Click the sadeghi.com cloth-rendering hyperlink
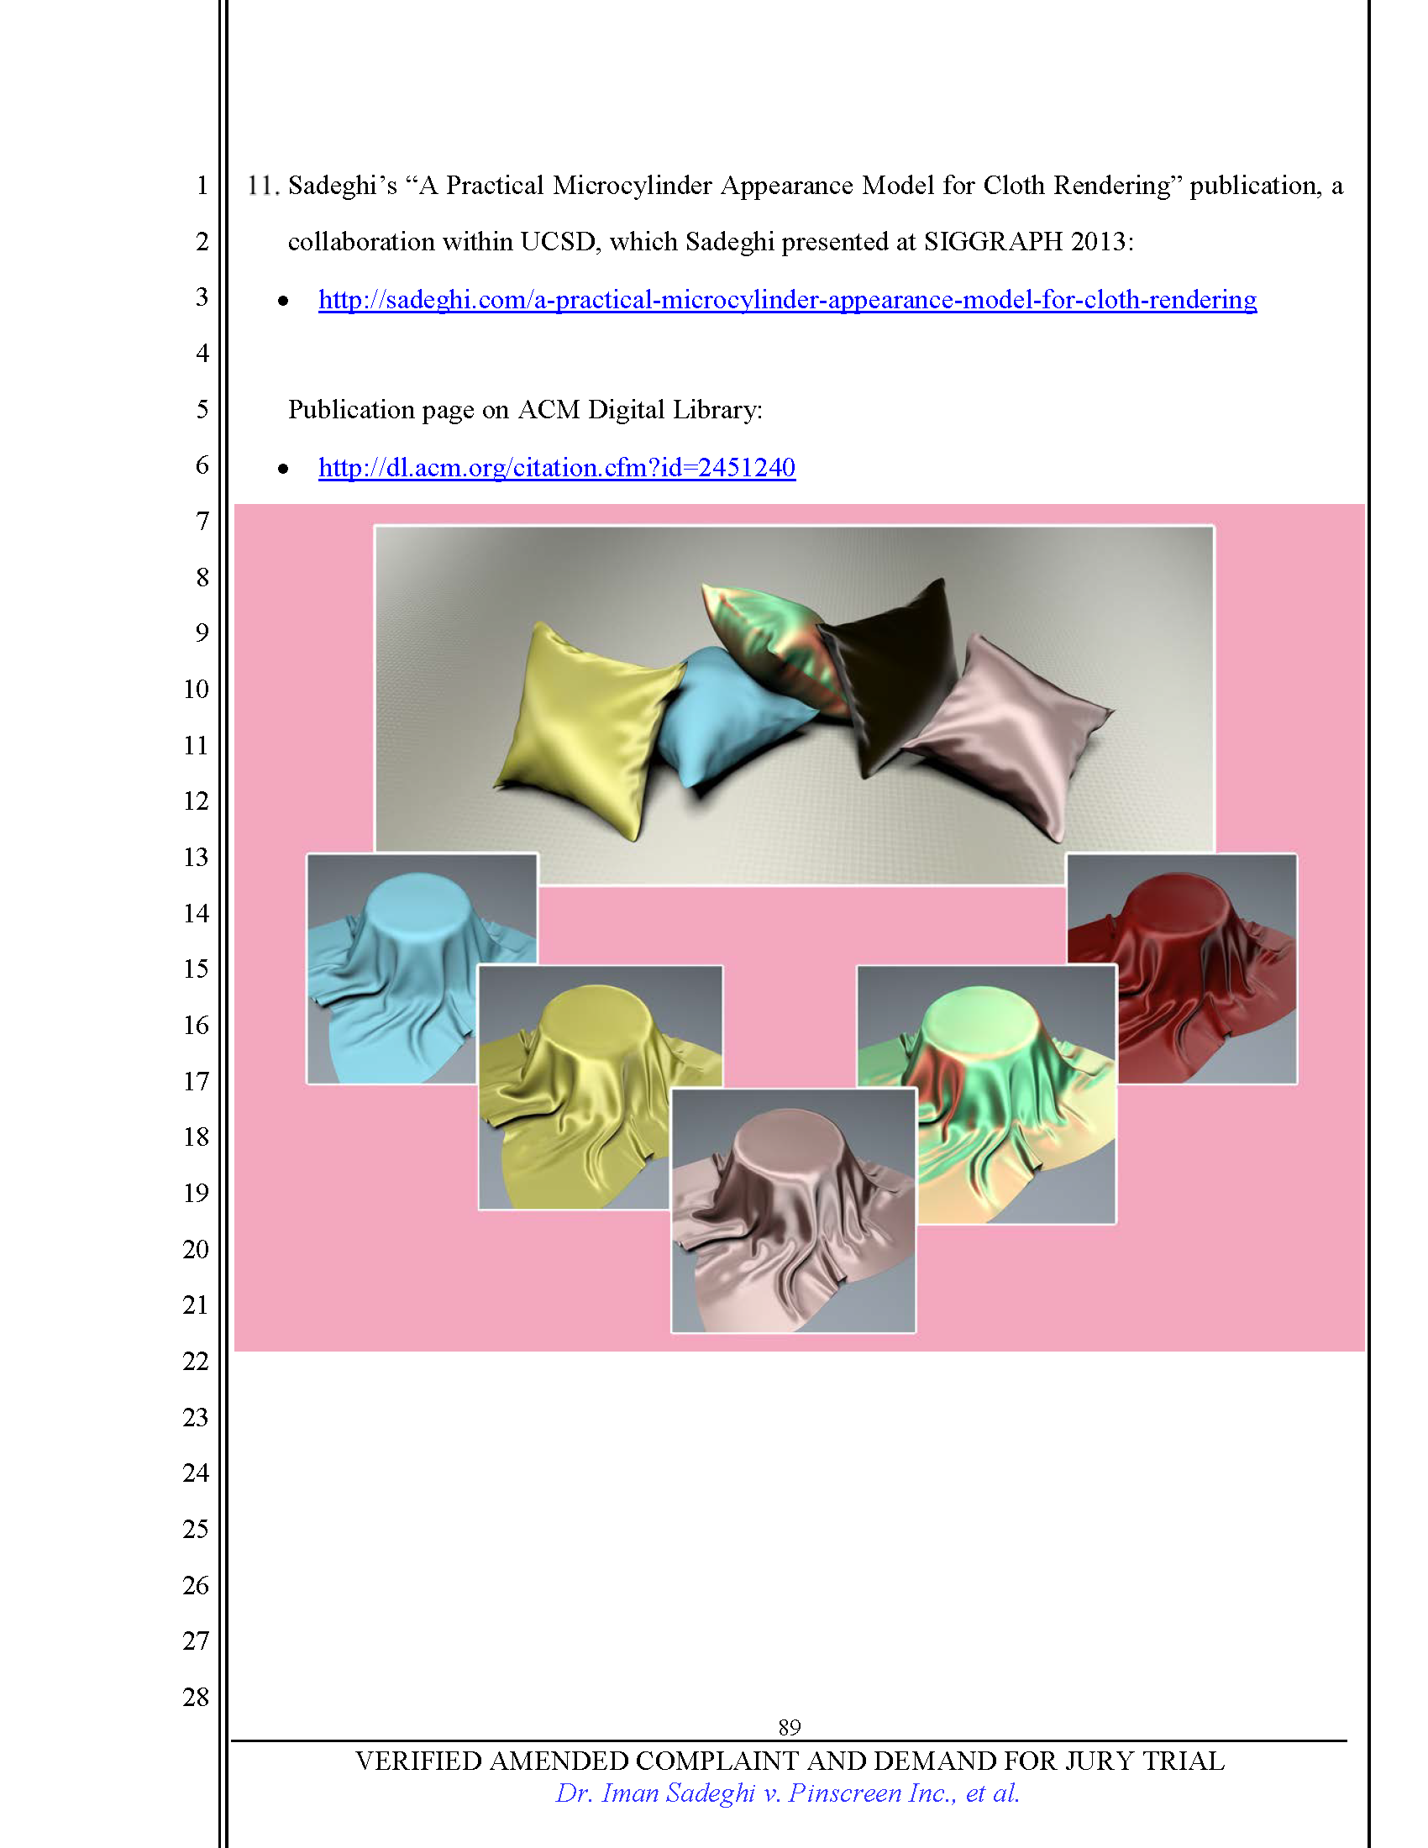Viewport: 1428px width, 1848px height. pos(787,300)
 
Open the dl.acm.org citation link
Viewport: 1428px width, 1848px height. pos(557,467)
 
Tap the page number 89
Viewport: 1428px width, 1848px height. pos(790,1726)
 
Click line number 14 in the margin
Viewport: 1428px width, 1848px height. pos(196,913)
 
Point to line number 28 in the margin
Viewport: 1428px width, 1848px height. pos(196,1697)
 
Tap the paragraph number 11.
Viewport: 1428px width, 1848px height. pos(262,186)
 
